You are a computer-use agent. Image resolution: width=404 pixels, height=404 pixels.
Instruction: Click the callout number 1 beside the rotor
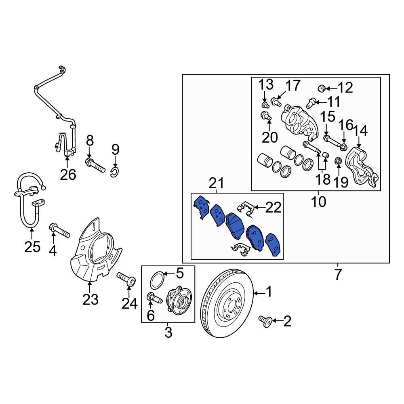269,291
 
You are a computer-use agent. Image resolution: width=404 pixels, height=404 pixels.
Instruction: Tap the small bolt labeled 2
265,322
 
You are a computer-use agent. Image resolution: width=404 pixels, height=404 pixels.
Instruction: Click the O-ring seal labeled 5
158,280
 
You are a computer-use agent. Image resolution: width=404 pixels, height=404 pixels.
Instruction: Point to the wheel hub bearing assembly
178,300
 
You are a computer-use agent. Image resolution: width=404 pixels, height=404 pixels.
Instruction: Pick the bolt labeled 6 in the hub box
154,298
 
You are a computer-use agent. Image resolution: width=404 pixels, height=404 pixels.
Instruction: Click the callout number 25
32,246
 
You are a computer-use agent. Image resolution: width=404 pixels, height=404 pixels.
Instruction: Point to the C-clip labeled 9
115,173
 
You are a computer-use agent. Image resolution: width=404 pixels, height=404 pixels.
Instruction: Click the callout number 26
68,175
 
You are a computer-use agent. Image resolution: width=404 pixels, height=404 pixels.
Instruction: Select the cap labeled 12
322,88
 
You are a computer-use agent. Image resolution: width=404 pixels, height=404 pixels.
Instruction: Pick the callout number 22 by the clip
273,208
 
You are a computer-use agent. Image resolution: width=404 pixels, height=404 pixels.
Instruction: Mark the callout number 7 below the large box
338,275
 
